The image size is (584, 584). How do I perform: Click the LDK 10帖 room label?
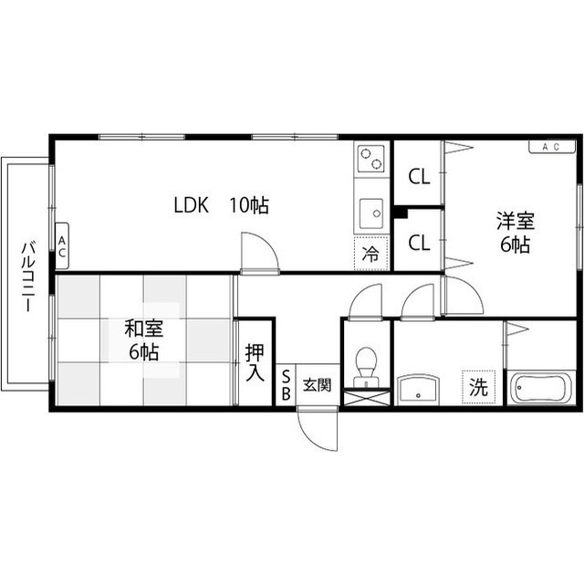[x=221, y=204]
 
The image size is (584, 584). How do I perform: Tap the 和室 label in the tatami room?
[x=144, y=328]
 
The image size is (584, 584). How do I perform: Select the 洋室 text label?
[x=516, y=221]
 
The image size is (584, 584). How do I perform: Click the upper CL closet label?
[x=419, y=176]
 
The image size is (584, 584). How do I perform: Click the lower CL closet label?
[x=419, y=243]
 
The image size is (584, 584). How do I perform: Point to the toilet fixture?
[x=366, y=367]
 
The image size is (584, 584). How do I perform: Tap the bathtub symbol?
[x=541, y=388]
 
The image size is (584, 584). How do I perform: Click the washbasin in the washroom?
[x=418, y=390]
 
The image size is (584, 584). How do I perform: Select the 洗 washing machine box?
[x=478, y=387]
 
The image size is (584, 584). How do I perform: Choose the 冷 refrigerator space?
[x=371, y=254]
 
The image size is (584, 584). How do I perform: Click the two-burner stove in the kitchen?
[x=371, y=159]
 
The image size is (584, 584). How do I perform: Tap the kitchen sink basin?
[x=371, y=214]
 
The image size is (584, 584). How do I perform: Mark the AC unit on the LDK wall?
[x=62, y=245]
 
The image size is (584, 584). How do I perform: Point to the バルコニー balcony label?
[x=28, y=276]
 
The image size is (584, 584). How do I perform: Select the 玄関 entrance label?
[x=317, y=385]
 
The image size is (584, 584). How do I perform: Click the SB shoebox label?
[x=286, y=385]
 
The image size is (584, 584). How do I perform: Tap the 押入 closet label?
[x=255, y=363]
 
